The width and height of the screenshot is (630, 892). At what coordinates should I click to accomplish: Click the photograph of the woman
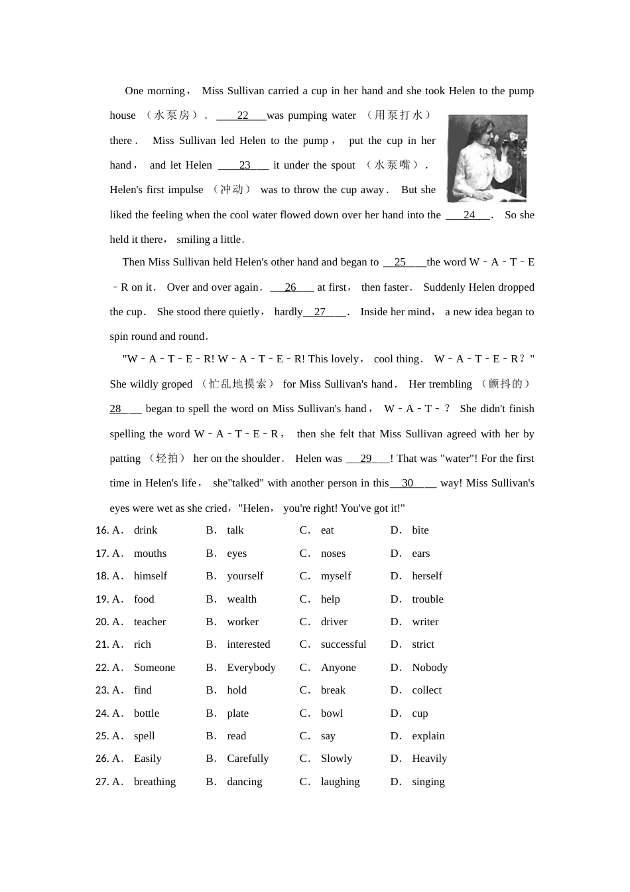click(487, 158)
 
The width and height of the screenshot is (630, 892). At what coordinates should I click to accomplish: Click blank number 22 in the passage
click(242, 115)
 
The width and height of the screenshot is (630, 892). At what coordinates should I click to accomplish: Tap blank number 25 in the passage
click(400, 262)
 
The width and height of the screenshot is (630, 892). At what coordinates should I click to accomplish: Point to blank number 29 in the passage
click(365, 459)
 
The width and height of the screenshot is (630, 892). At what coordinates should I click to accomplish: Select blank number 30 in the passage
click(407, 483)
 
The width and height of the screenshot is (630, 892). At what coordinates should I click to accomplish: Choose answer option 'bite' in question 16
click(420, 530)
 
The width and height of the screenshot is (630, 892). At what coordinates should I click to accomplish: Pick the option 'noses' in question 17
click(333, 554)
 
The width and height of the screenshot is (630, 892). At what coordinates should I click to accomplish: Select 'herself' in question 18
click(426, 576)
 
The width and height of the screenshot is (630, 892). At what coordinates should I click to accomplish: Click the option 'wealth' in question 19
click(241, 599)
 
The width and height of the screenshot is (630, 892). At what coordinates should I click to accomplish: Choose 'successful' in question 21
click(343, 644)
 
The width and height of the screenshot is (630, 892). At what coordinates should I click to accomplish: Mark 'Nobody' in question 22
click(429, 668)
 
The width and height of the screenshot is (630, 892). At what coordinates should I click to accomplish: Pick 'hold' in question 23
click(237, 690)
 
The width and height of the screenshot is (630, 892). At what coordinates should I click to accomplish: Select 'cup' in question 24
click(420, 713)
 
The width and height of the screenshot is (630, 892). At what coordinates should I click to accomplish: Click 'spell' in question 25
click(144, 736)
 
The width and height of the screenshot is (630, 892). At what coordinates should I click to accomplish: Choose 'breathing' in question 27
click(155, 782)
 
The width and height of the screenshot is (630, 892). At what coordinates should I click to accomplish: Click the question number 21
click(101, 644)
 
